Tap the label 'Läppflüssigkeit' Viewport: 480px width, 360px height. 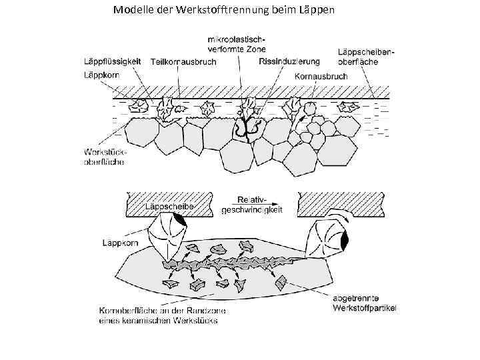[111, 61]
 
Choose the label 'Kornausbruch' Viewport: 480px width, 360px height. [321, 77]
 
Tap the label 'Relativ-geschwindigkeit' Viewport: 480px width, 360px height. [251, 204]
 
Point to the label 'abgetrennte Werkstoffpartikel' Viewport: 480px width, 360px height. [363, 303]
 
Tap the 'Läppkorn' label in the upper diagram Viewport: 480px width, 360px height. [102, 76]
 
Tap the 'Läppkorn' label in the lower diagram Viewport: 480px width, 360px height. [120, 243]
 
